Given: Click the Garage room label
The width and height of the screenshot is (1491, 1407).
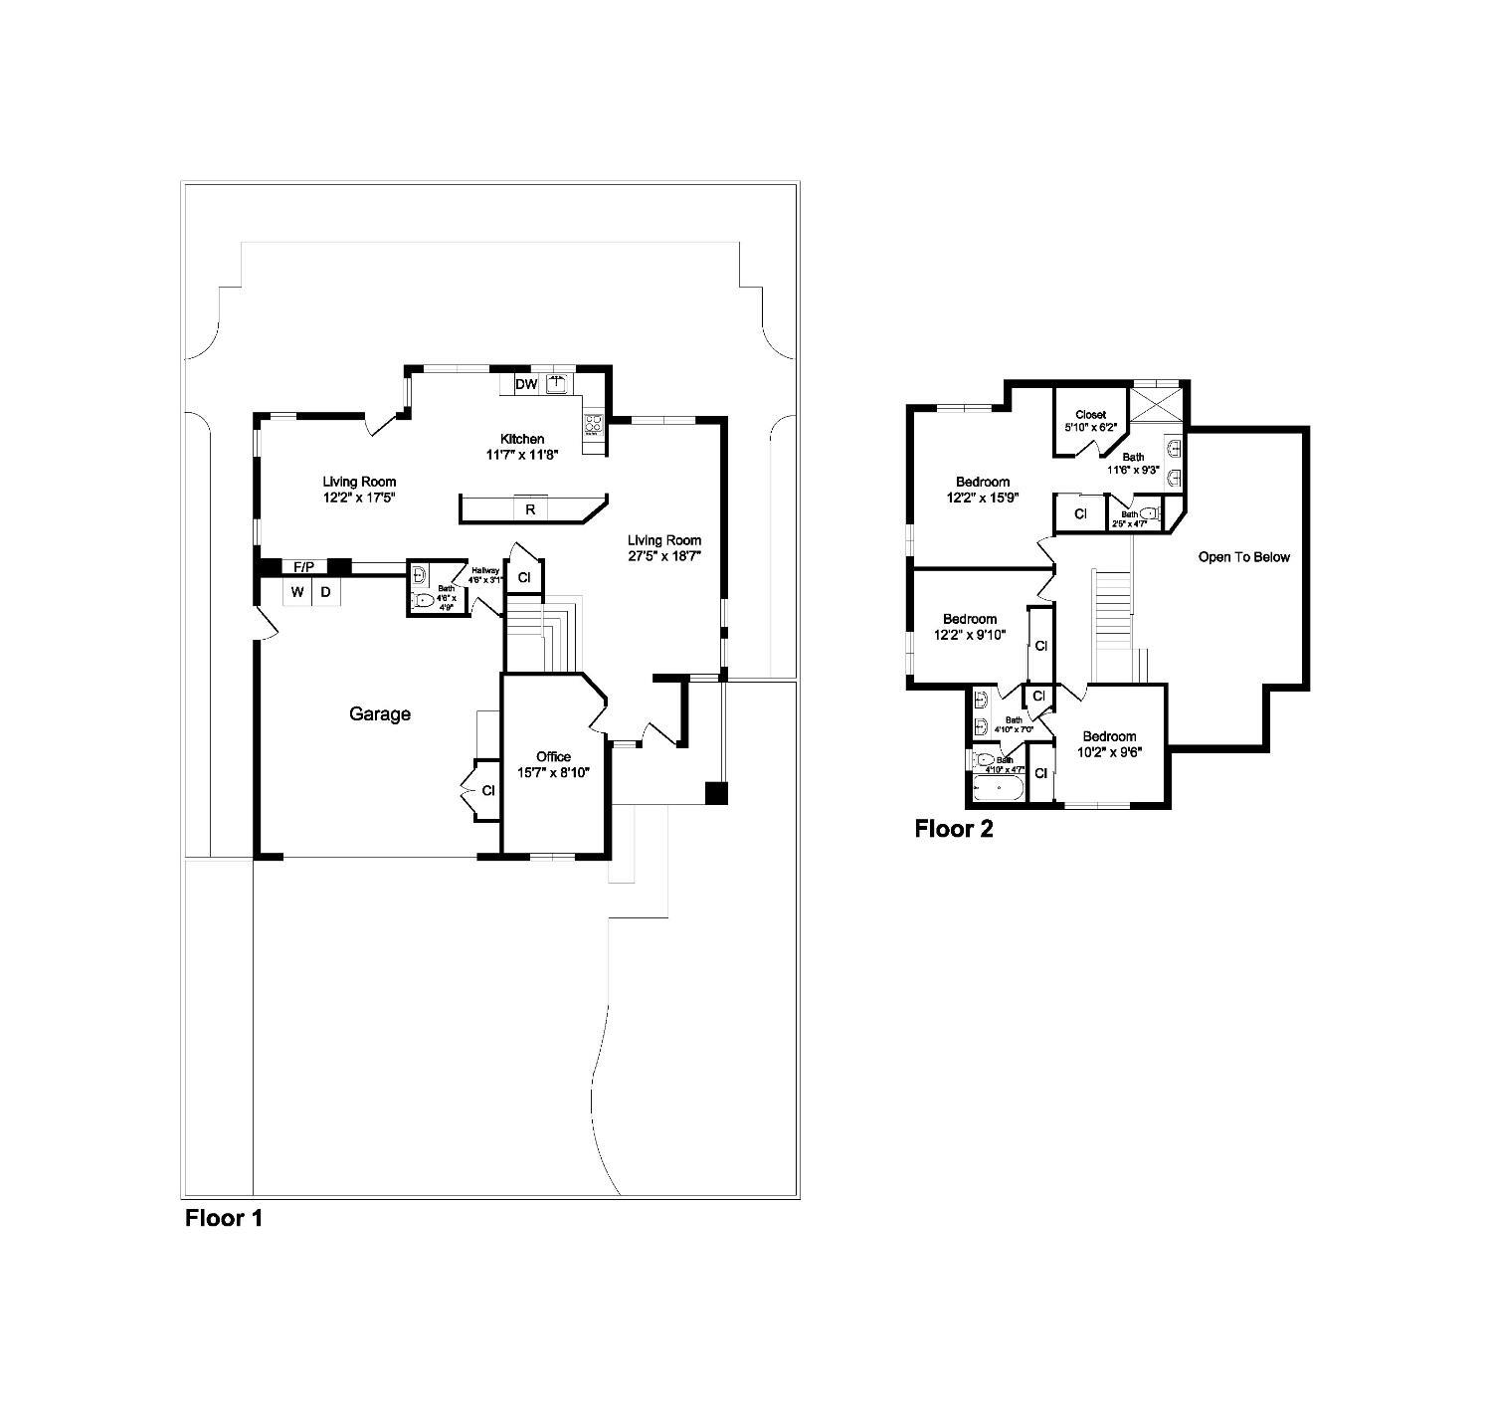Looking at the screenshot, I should coord(379,713).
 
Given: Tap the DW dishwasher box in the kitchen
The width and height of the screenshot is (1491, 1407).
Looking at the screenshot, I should coord(526,384).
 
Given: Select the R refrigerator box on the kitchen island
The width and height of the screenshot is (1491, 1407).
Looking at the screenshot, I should coord(530,509).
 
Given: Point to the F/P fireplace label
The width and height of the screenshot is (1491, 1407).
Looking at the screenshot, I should coord(303,567).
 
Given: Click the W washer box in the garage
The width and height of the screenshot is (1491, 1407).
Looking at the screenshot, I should coord(296,592).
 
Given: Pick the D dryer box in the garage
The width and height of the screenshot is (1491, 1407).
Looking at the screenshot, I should coord(325,592).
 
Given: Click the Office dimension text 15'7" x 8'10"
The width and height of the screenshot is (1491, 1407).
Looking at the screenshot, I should coord(553,772).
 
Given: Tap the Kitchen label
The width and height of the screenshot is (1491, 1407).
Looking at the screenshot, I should coord(522,439).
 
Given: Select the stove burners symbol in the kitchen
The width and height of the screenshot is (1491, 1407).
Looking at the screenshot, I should coord(593,426).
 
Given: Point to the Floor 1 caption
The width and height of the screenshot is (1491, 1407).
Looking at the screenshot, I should coord(224,1217).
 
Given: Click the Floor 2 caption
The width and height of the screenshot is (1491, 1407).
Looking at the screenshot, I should coord(954,829).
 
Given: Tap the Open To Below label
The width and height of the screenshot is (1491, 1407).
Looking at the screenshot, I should coord(1243,557).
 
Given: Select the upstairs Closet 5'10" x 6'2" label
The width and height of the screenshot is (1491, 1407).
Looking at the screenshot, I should coord(1091,420).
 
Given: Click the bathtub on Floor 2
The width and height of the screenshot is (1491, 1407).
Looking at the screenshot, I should coord(998,789).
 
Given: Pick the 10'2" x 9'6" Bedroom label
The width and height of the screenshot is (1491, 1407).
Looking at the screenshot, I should coord(1109,744).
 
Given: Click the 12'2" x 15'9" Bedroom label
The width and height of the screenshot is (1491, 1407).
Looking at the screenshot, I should coord(983,489).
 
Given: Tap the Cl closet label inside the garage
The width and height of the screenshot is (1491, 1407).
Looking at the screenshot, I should coord(488,791).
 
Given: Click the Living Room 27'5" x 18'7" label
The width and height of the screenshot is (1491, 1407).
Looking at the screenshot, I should coord(664,548).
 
